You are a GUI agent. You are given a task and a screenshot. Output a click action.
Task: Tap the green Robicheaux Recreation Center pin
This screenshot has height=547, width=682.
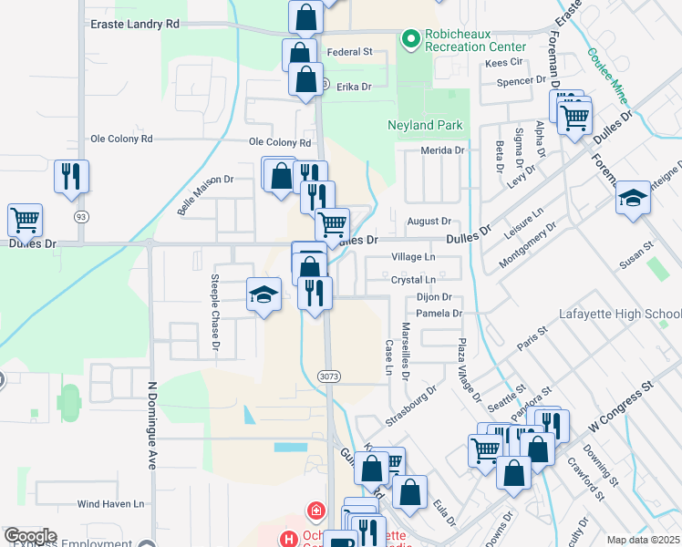point(410,38)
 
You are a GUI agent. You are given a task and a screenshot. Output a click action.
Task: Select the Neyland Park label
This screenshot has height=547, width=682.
point(425,125)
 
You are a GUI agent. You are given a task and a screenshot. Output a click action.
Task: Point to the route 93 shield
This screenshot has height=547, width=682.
point(81,215)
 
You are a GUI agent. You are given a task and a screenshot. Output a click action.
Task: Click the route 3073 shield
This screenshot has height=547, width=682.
point(329,375)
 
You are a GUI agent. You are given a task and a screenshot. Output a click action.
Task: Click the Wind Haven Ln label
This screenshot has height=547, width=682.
point(110,503)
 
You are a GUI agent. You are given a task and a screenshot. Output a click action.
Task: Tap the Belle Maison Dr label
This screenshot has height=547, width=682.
point(206,196)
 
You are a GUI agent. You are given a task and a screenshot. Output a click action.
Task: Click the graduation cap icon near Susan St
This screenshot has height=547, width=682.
point(633,198)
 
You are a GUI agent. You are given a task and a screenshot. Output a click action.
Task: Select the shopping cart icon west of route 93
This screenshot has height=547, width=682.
point(25,219)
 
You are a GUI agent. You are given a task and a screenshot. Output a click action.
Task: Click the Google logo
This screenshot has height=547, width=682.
point(30,536)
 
